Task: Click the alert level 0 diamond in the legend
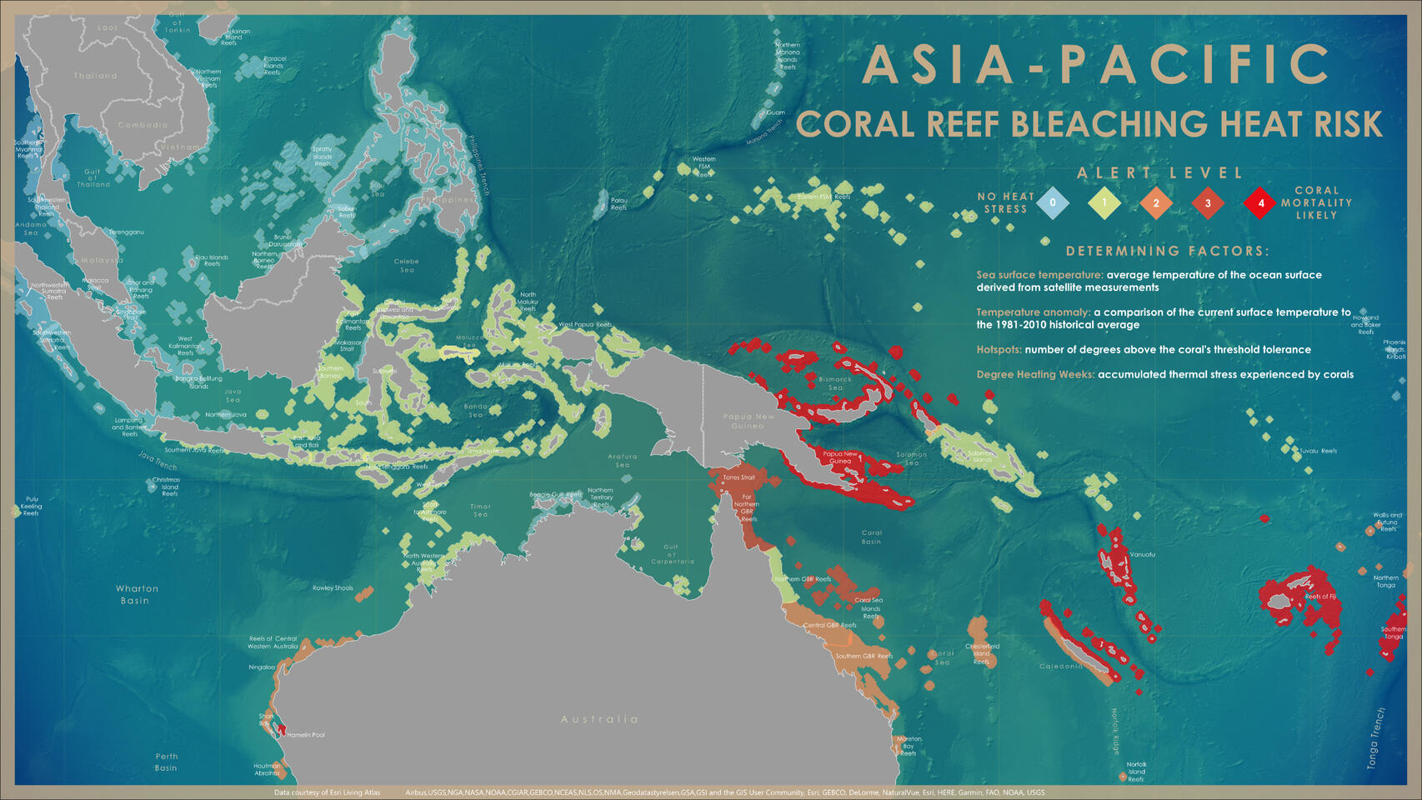[1053, 202]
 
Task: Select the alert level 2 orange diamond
[1156, 202]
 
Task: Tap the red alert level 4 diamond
[1260, 202]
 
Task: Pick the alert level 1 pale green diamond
[1104, 202]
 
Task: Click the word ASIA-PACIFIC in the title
[1096, 65]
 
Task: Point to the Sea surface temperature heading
[1039, 275]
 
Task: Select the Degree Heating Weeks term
[1035, 375]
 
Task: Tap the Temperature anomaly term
[1033, 312]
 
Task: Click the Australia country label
[599, 719]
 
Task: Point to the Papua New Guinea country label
[749, 421]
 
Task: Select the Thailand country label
[96, 76]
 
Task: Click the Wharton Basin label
[137, 594]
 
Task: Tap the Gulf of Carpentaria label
[672, 554]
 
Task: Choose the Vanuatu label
[1142, 554]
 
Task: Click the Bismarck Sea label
[835, 383]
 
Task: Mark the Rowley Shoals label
[333, 588]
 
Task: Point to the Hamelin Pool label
[306, 735]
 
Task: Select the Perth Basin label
[166, 762]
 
